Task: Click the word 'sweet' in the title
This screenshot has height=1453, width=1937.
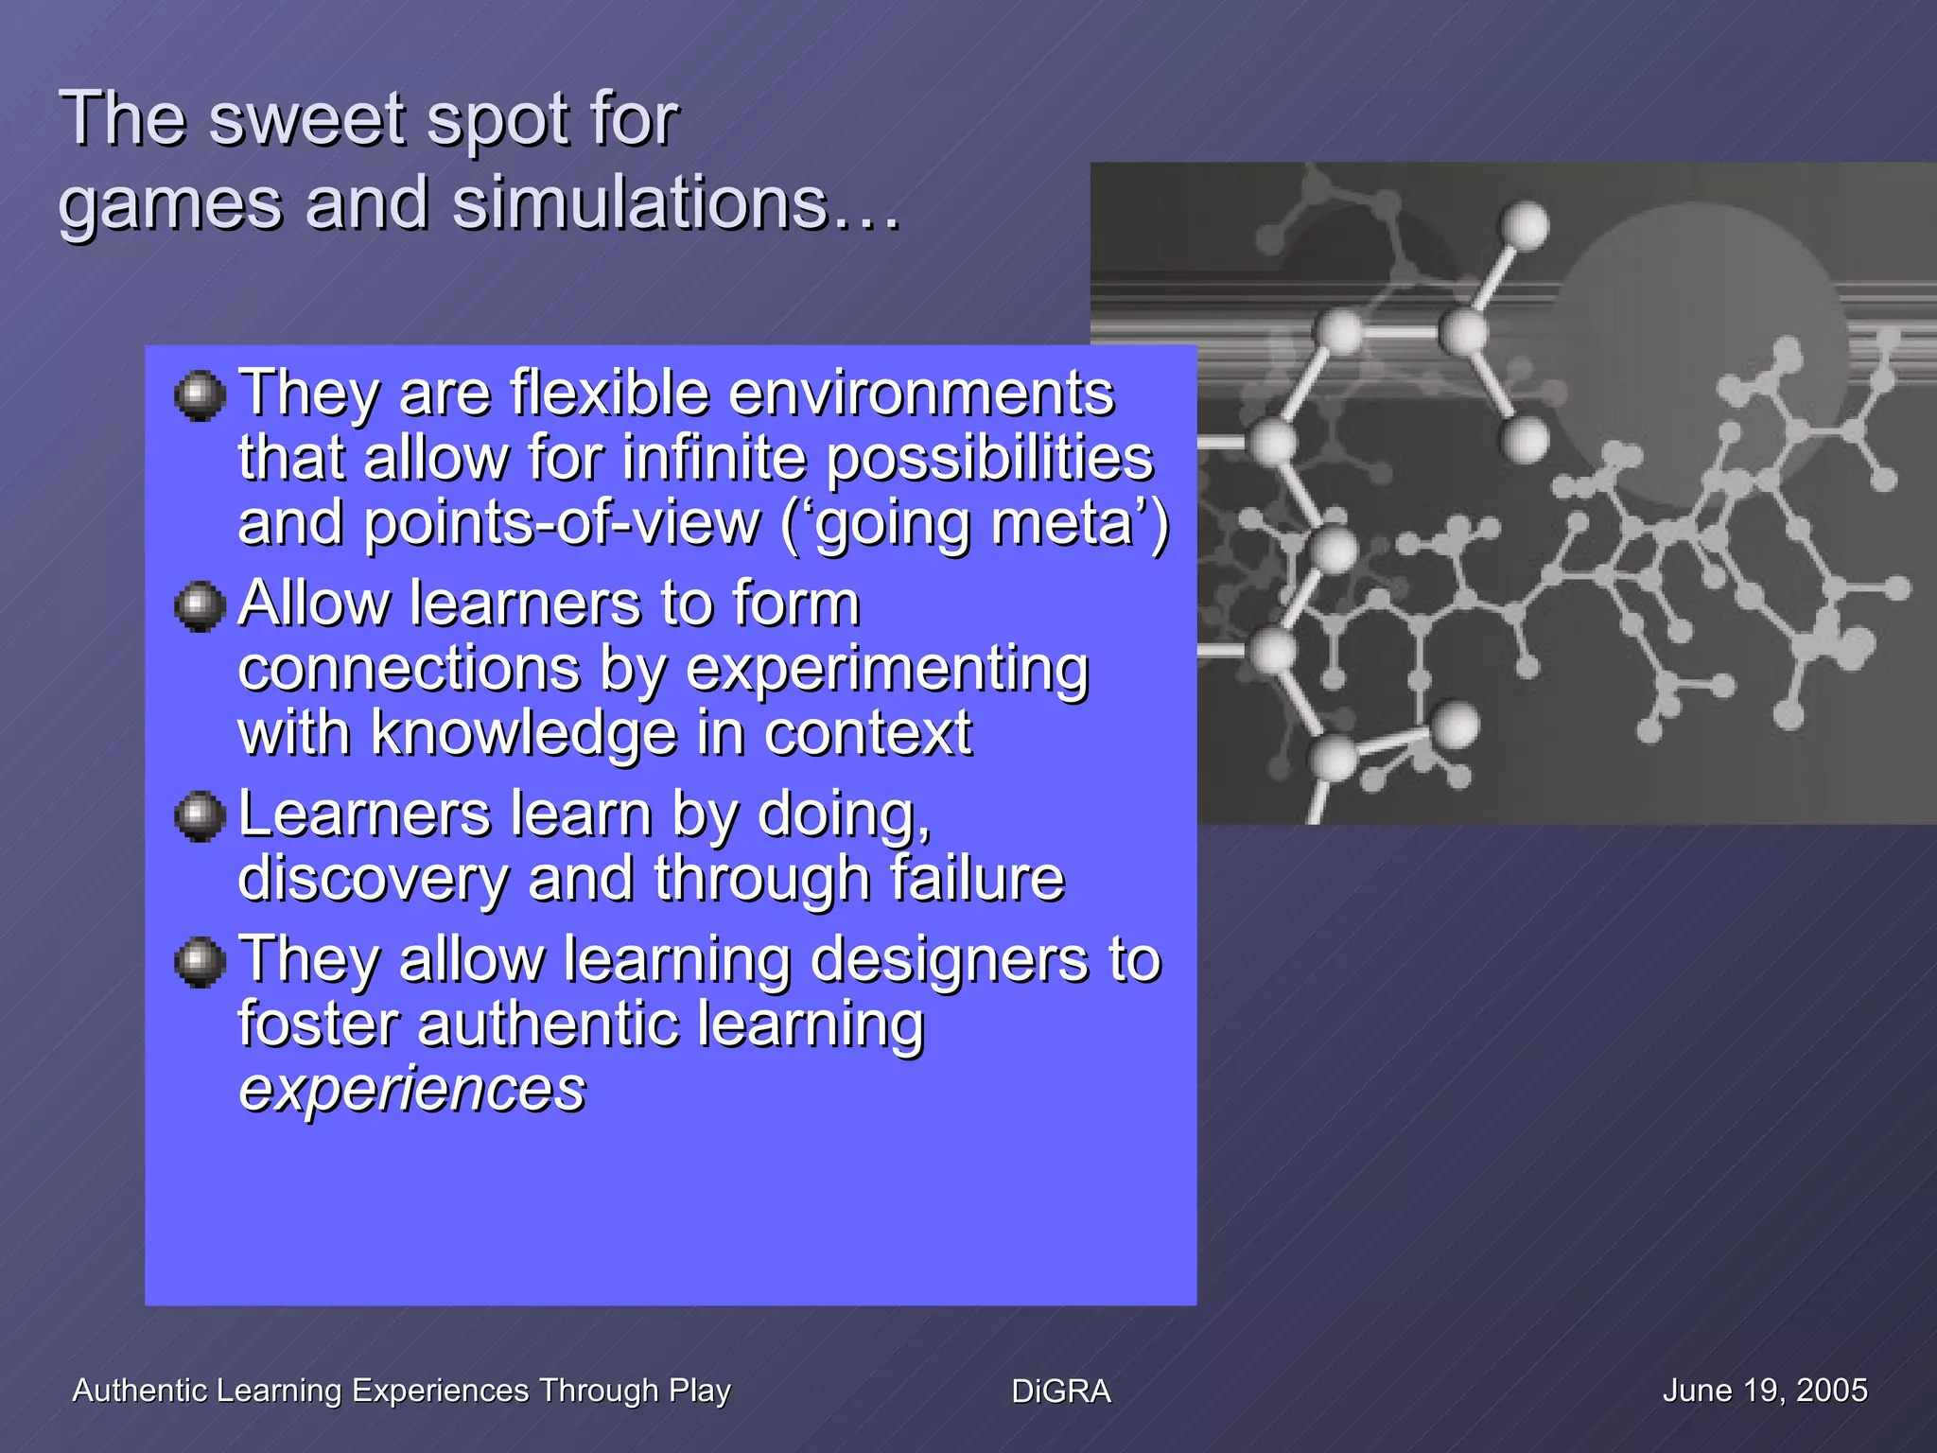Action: [307, 120]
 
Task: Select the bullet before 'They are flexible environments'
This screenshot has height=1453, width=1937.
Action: [200, 395]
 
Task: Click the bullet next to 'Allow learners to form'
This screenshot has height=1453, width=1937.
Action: [200, 605]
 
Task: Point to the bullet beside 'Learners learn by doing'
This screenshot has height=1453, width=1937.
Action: [200, 815]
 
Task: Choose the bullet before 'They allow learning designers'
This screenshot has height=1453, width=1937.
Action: [200, 962]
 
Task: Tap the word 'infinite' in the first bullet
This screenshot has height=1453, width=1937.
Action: [717, 459]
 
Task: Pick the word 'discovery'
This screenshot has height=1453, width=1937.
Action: [373, 880]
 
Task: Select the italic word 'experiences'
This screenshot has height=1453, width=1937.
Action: [411, 1091]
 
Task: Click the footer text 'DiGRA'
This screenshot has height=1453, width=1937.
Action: [1060, 1392]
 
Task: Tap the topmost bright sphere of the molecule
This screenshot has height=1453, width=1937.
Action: [1525, 226]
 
